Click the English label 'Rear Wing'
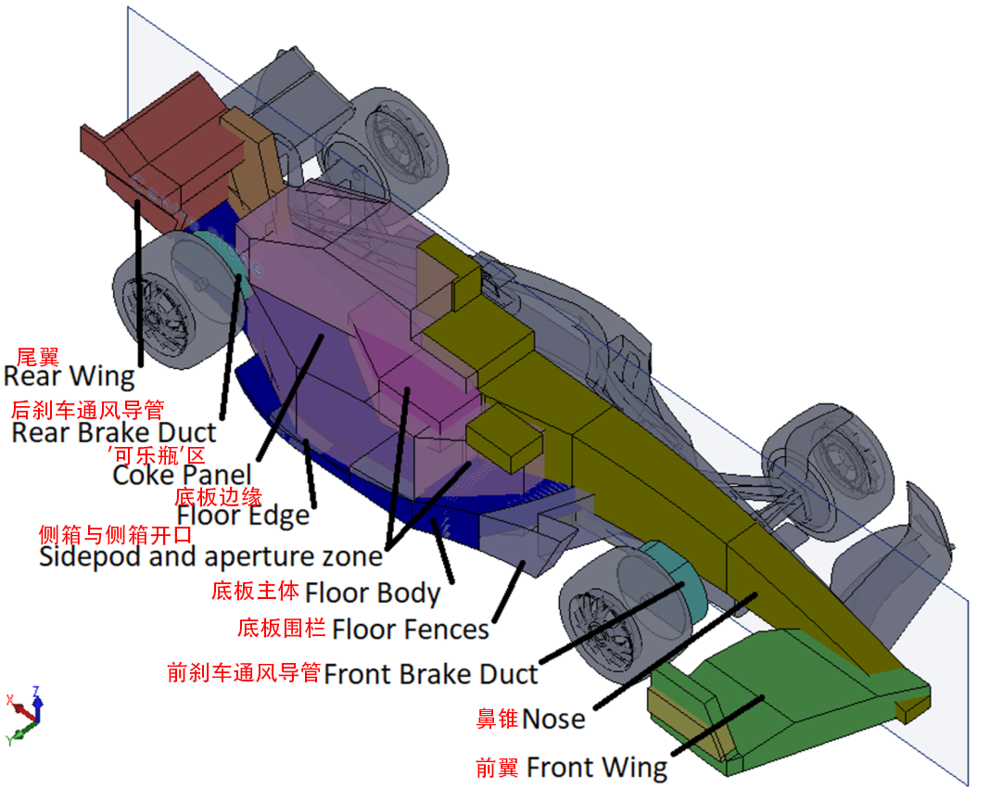click(69, 376)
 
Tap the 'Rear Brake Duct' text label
click(114, 433)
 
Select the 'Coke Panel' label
click(182, 475)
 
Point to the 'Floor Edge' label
click(243, 516)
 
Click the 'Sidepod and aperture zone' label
click(210, 557)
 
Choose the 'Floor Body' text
click(373, 593)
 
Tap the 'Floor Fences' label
click(411, 630)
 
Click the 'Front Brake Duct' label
click(431, 674)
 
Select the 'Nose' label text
click(553, 720)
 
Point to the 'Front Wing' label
click(597, 768)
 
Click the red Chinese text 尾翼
click(37, 357)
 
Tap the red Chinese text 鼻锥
click(498, 720)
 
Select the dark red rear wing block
click(163, 151)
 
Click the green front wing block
click(789, 701)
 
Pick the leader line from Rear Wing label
click(138, 283)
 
